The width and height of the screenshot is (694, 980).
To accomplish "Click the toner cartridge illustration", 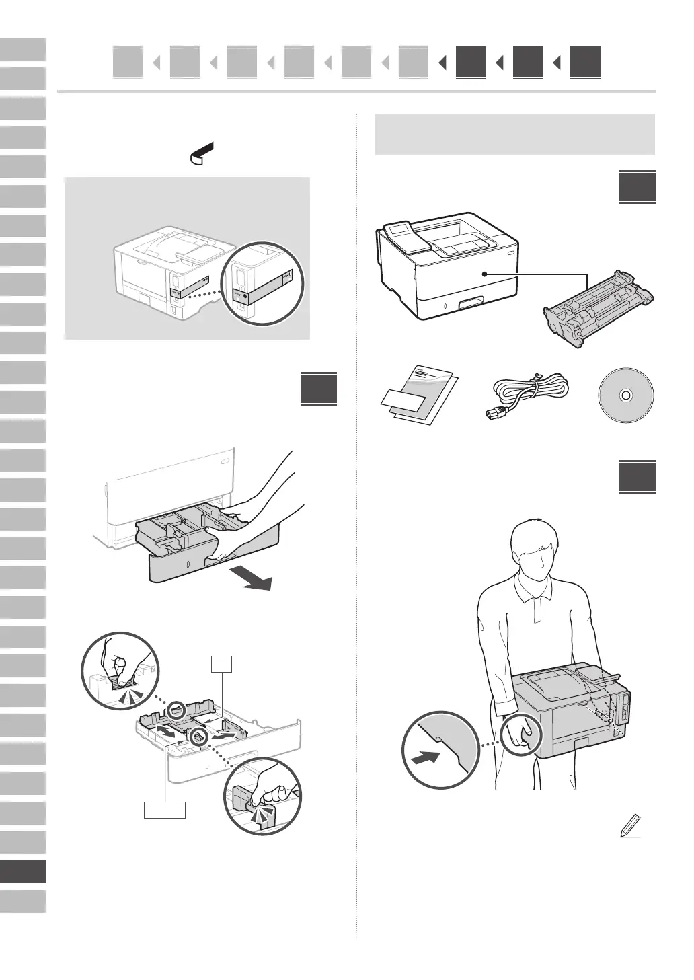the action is tap(598, 310).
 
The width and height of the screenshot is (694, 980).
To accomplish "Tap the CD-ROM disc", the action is tap(625, 395).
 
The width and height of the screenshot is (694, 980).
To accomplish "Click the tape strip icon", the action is tap(201, 153).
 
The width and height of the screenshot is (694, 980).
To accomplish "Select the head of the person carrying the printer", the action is tap(535, 548).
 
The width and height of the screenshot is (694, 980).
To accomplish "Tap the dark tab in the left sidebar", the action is tap(23, 872).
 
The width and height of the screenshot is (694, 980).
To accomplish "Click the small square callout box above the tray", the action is tap(221, 663).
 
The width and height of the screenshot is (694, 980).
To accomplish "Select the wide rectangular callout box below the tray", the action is tap(165, 810).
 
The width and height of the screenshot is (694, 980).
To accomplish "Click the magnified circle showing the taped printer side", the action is tap(262, 284).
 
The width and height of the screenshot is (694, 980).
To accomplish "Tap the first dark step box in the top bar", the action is tap(470, 63).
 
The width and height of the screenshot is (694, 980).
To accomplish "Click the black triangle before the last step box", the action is tap(557, 63).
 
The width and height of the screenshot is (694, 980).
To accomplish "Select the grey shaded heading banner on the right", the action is tap(514, 135).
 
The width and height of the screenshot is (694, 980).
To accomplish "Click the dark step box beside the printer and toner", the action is tap(637, 188).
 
